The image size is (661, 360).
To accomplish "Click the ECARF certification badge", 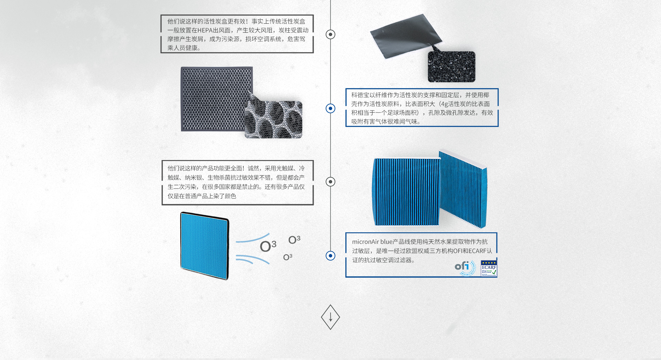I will (x=489, y=268).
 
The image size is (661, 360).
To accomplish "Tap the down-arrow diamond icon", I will (x=330, y=317).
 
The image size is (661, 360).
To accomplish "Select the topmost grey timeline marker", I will (x=330, y=34).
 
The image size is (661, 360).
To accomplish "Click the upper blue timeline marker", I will (x=330, y=108).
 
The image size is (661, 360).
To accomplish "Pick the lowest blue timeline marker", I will (x=330, y=256).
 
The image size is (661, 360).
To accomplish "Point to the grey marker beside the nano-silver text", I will (x=330, y=182).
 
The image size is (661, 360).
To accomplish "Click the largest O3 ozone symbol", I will (x=268, y=246).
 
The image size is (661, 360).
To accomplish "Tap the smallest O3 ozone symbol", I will (x=287, y=257).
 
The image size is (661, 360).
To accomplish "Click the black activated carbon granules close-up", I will (x=451, y=67).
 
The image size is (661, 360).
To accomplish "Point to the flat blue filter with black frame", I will (x=204, y=245).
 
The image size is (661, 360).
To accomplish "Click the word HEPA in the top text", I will (x=205, y=30).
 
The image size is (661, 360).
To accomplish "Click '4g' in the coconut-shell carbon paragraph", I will (x=444, y=104).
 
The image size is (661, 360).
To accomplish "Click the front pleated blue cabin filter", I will (x=406, y=192).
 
